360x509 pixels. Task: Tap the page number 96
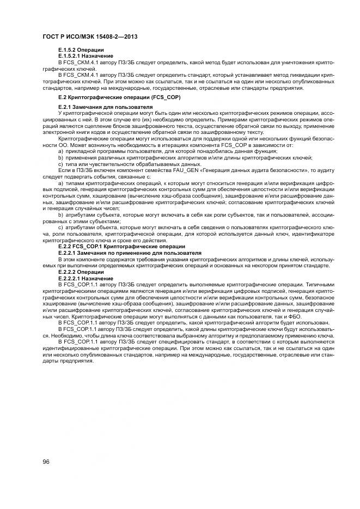(x=47, y=462)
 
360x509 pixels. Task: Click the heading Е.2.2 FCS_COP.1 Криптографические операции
(x=121, y=247)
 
